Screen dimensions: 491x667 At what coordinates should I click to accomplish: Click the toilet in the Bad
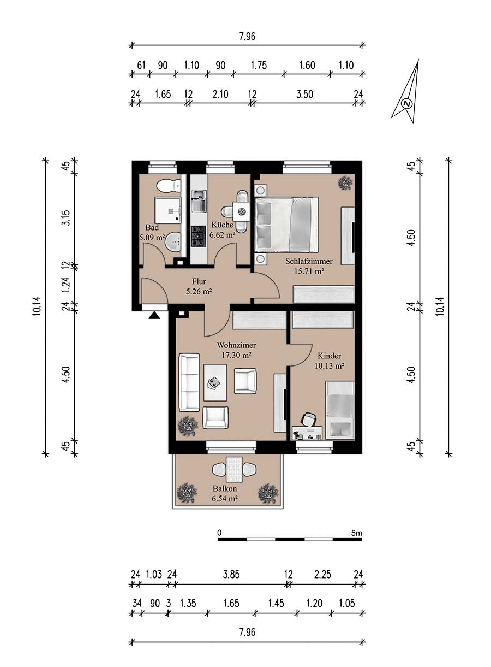coord(169,186)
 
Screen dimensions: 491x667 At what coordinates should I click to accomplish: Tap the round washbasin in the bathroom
coord(173,241)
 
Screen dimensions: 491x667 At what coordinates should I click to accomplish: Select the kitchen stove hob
coord(199,236)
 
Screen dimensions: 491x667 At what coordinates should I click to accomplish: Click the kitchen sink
coord(199,201)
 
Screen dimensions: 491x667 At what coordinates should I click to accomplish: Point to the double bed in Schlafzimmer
coord(286,225)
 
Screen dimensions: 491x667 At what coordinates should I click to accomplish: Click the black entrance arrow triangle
coord(154,315)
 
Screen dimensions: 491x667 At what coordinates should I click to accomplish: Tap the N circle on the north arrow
coord(407,104)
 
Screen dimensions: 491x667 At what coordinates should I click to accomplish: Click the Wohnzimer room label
coord(236,345)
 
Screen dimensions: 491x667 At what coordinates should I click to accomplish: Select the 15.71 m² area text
coord(309,271)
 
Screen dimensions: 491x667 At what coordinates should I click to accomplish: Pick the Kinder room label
coord(329,356)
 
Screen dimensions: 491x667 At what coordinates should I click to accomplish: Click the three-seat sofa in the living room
coord(189,382)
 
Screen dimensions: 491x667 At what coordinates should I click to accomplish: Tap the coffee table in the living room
coord(215,382)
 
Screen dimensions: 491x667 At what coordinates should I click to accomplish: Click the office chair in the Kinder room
coord(309,420)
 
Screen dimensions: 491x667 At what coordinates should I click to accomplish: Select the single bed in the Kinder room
coord(340,410)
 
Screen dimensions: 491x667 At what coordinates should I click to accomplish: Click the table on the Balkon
coord(235,470)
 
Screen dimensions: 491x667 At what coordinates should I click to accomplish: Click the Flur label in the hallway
coord(199,281)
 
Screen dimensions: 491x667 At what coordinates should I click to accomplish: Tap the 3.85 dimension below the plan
coord(231,574)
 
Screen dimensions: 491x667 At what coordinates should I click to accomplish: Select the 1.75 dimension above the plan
coord(259,65)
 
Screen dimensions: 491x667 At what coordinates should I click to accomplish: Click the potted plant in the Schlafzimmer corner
coord(345,182)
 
